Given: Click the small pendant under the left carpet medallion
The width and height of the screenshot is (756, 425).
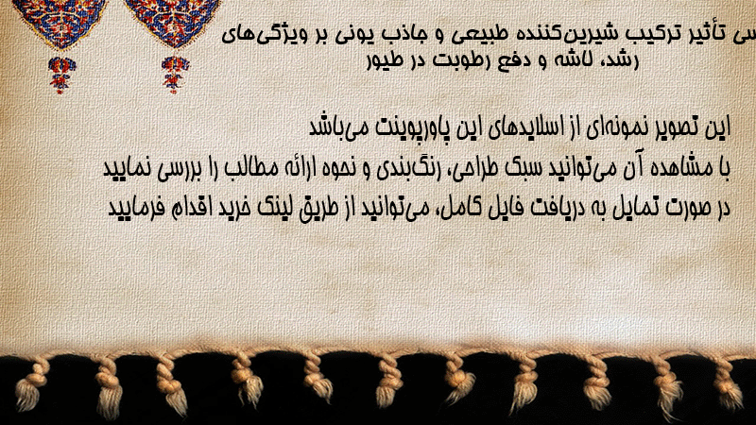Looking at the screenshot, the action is point(61,75).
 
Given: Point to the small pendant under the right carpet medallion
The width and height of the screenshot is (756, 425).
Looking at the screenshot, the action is point(175,74).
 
